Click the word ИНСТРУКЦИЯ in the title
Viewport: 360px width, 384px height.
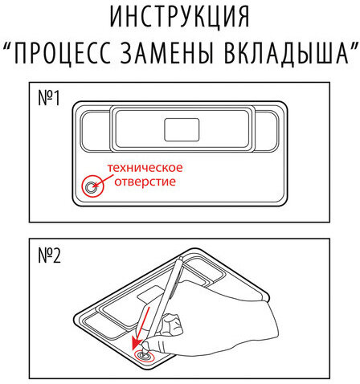pyautogui.click(x=180, y=17)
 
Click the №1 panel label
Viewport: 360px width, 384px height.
pyautogui.click(x=50, y=101)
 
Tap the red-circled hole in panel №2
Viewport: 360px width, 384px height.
pyautogui.click(x=143, y=353)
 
